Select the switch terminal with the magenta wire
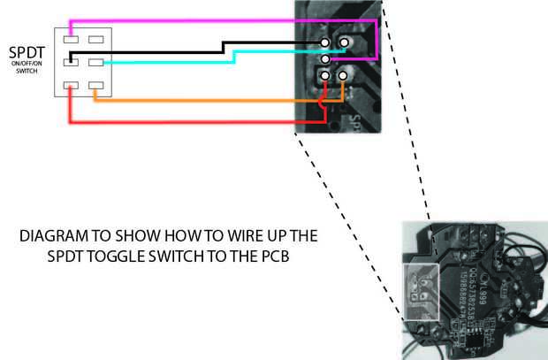(x=73, y=40)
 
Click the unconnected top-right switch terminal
(x=96, y=40)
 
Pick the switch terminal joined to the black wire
(x=73, y=62)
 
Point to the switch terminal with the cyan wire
(x=96, y=62)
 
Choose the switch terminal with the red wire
(x=73, y=86)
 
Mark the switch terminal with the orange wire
(x=96, y=86)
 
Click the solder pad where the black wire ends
(x=326, y=42)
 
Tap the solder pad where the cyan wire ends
(x=326, y=59)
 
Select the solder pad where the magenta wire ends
(x=344, y=42)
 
